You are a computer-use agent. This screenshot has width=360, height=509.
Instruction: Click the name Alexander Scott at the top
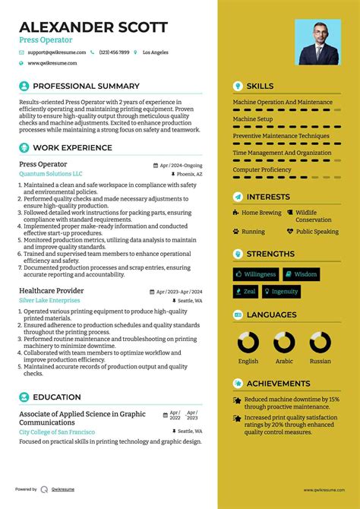coord(93,27)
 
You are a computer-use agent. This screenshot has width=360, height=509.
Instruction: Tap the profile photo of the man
coord(318,43)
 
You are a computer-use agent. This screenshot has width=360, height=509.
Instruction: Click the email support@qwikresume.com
coord(55,52)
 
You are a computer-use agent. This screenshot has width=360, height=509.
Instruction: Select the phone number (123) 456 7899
coord(114,52)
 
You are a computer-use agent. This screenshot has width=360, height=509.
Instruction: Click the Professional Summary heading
coord(86,87)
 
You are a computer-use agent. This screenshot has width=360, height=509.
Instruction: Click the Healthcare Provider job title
coord(51,291)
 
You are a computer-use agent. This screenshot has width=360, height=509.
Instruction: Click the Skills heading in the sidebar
coord(260,87)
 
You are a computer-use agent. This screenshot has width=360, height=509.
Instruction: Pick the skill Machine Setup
coord(253,119)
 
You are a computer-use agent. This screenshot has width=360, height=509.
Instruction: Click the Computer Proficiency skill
coord(263,169)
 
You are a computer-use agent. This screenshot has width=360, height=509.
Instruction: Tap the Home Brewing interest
coord(261,213)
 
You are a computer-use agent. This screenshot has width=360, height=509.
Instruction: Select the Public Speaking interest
coord(317,232)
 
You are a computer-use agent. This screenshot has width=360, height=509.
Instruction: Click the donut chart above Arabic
coord(284,343)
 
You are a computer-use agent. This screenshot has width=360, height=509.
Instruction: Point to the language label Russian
coord(320,362)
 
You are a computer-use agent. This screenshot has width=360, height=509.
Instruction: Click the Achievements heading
coord(278,384)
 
